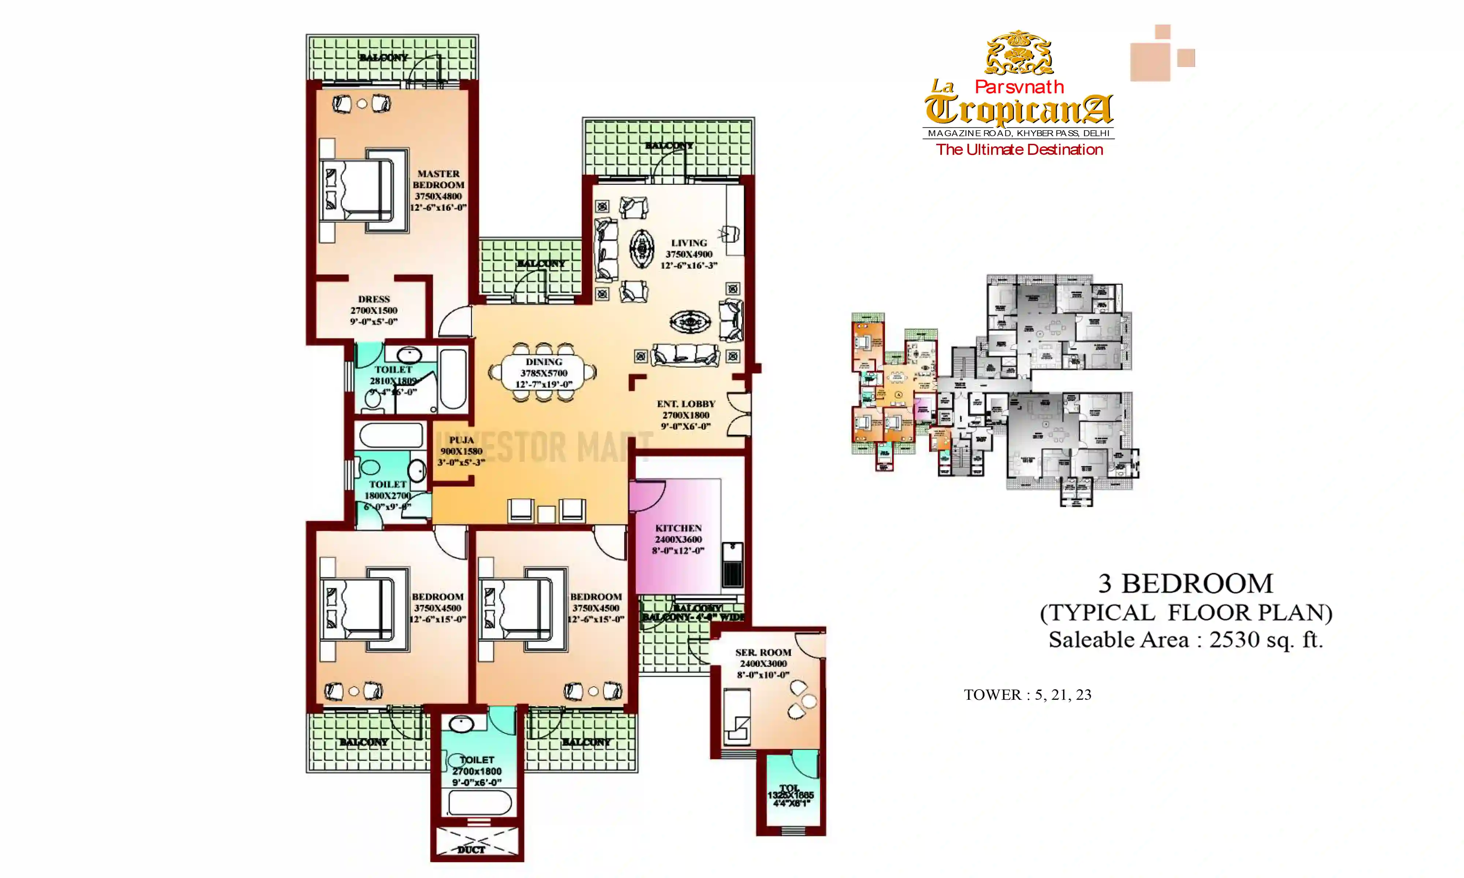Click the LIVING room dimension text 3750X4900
689,254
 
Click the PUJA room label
461,440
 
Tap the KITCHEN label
678,528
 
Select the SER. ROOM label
763,653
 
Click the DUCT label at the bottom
471,849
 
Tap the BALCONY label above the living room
669,146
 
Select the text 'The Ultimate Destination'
1019,150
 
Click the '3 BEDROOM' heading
1185,584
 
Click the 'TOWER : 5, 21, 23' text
1027,695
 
